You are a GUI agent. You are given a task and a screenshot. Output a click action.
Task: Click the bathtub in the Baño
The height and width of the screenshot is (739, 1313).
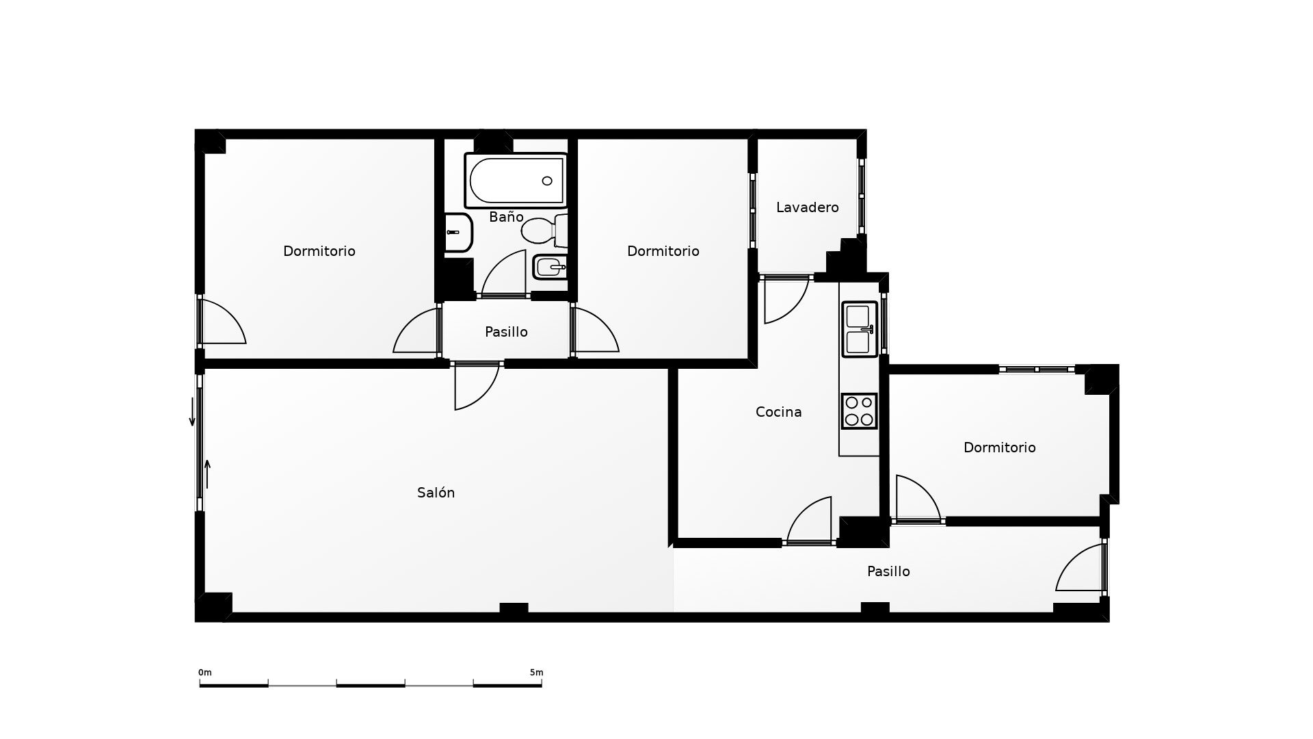point(516,181)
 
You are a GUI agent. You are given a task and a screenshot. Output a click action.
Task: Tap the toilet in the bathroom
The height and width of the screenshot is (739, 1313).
point(544,231)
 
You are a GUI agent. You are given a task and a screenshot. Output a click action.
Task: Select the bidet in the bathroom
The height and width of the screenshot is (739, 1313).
point(551,267)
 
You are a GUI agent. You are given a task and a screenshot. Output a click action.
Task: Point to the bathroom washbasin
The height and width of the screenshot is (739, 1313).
point(458,233)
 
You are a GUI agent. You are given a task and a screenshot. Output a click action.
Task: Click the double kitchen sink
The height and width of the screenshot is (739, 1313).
point(860,329)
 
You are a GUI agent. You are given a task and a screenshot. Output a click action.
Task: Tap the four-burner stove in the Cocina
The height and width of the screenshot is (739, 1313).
point(859,411)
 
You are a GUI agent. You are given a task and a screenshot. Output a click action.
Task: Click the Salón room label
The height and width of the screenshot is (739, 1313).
point(436,493)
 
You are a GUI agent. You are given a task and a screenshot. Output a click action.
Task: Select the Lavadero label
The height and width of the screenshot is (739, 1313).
point(808,207)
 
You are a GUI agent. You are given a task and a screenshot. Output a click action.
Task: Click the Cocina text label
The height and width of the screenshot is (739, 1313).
point(779,412)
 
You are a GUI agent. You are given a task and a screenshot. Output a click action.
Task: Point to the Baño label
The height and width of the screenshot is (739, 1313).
point(506,217)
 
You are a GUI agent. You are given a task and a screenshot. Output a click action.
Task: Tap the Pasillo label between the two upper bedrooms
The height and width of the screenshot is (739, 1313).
point(506,332)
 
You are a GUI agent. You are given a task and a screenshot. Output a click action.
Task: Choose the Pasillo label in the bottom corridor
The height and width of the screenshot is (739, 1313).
point(888,571)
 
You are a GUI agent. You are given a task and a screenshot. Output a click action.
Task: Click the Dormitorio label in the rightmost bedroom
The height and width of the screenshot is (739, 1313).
point(1000,448)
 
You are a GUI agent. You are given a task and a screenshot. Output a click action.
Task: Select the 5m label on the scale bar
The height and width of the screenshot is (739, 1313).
point(537,673)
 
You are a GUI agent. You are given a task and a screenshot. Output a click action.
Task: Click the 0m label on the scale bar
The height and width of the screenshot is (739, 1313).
point(205,673)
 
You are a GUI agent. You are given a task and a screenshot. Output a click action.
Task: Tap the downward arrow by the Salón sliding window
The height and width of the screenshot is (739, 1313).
point(192,412)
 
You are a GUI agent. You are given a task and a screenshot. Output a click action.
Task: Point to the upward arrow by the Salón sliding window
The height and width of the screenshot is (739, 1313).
point(207,474)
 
